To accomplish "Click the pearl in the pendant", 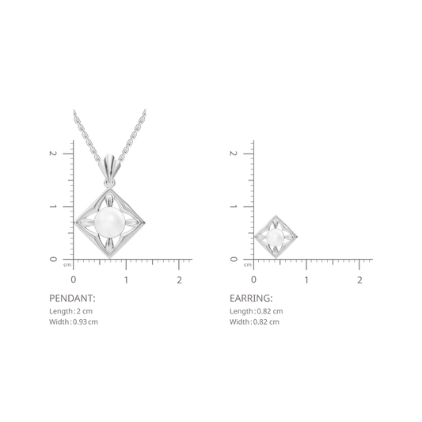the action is click(x=109, y=222).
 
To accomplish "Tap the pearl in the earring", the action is click(x=275, y=237).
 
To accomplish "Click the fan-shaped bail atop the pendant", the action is click(x=109, y=165).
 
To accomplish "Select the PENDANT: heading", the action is click(x=72, y=298).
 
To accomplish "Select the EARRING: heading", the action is click(x=251, y=298).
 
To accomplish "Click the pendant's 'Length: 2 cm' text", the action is click(x=70, y=311).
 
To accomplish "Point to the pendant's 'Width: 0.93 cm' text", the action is click(x=74, y=321).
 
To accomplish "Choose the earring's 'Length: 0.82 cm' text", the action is click(x=257, y=311).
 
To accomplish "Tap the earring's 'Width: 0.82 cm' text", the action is click(x=254, y=321).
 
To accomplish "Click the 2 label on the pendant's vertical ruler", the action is click(x=53, y=154).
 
